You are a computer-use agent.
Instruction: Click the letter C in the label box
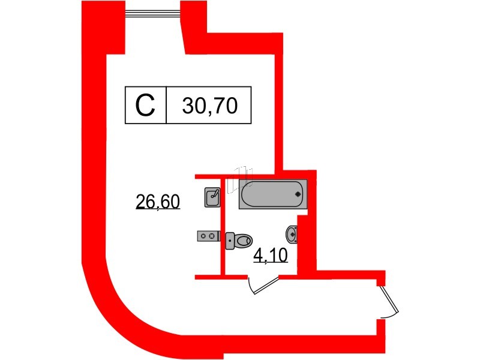click(x=145, y=106)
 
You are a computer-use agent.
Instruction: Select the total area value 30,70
click(x=209, y=106)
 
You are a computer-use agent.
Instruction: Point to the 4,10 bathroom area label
click(x=271, y=257)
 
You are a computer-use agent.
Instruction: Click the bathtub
click(x=272, y=194)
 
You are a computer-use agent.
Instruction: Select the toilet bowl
click(x=243, y=241)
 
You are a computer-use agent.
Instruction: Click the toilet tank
click(x=230, y=241)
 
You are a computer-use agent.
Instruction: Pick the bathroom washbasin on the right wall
click(x=292, y=233)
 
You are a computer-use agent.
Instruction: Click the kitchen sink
click(x=212, y=197)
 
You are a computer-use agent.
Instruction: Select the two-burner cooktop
click(x=207, y=236)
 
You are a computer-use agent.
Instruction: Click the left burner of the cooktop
click(x=203, y=236)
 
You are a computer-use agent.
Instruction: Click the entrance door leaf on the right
click(x=391, y=300)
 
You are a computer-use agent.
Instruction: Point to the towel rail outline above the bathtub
click(x=244, y=172)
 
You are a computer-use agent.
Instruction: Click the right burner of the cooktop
click(x=211, y=236)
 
